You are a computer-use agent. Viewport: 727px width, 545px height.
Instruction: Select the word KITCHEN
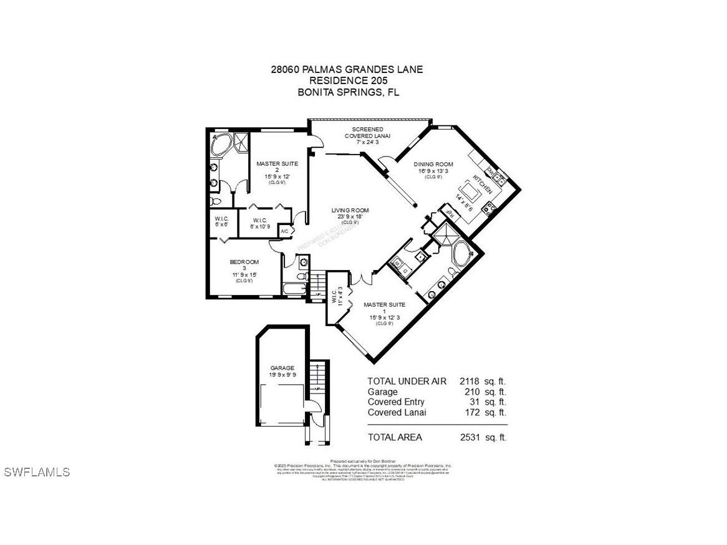[x=483, y=183]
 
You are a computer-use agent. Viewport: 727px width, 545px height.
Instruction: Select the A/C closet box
[x=284, y=231]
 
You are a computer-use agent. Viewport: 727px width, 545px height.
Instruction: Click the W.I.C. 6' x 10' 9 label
[x=260, y=223]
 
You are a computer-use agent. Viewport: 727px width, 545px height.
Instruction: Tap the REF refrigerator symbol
[x=448, y=213]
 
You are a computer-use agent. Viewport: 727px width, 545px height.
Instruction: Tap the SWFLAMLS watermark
[x=37, y=472]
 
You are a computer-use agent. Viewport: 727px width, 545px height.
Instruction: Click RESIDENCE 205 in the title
[x=346, y=80]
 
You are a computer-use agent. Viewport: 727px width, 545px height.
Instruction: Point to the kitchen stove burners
[x=491, y=209]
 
